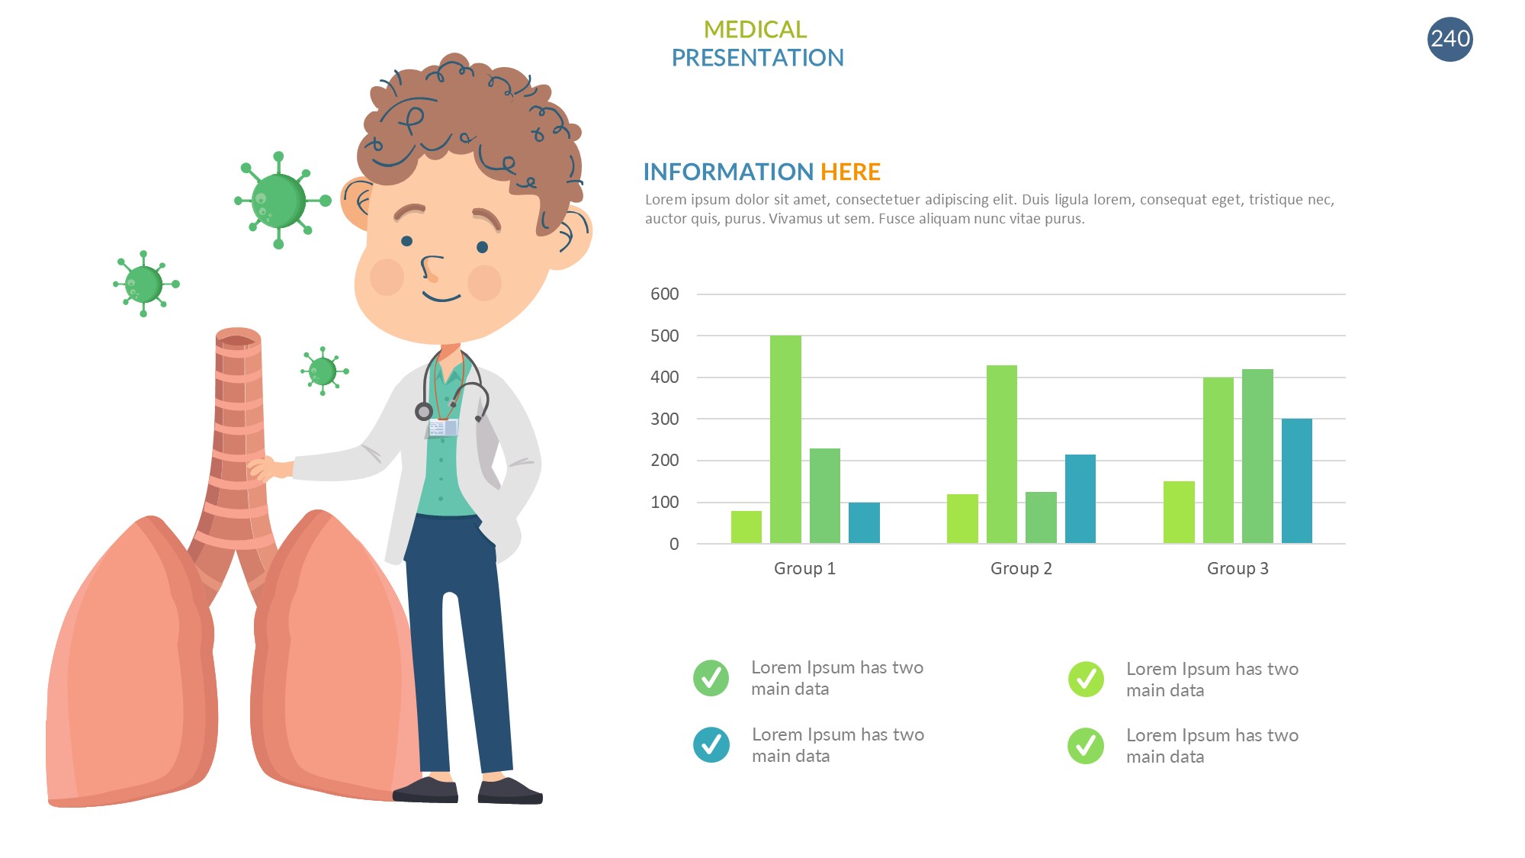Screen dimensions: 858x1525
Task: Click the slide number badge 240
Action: (x=1450, y=39)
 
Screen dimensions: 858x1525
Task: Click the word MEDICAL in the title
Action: (x=755, y=29)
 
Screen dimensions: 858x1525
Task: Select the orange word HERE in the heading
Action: (x=850, y=172)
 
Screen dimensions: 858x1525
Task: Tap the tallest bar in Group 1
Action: (x=785, y=439)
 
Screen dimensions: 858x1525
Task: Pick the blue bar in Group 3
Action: (x=1296, y=480)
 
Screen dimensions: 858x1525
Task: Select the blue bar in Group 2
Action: (x=1080, y=499)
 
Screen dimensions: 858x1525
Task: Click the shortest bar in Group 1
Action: (x=746, y=527)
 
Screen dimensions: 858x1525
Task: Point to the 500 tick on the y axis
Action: (x=664, y=336)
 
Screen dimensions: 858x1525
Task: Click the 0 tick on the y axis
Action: (x=674, y=544)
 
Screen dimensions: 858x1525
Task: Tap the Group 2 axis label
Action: (x=1021, y=568)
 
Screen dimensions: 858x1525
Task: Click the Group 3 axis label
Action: (x=1238, y=568)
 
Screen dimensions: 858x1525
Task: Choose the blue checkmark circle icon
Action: (x=711, y=745)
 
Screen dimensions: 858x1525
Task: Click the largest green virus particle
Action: (x=279, y=201)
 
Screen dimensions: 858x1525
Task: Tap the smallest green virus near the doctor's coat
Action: (x=323, y=371)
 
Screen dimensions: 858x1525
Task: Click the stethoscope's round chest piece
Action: (x=424, y=412)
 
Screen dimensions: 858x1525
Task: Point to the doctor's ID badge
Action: (x=443, y=427)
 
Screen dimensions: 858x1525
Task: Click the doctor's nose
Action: (x=431, y=268)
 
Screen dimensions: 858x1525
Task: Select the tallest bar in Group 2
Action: (x=1001, y=454)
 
